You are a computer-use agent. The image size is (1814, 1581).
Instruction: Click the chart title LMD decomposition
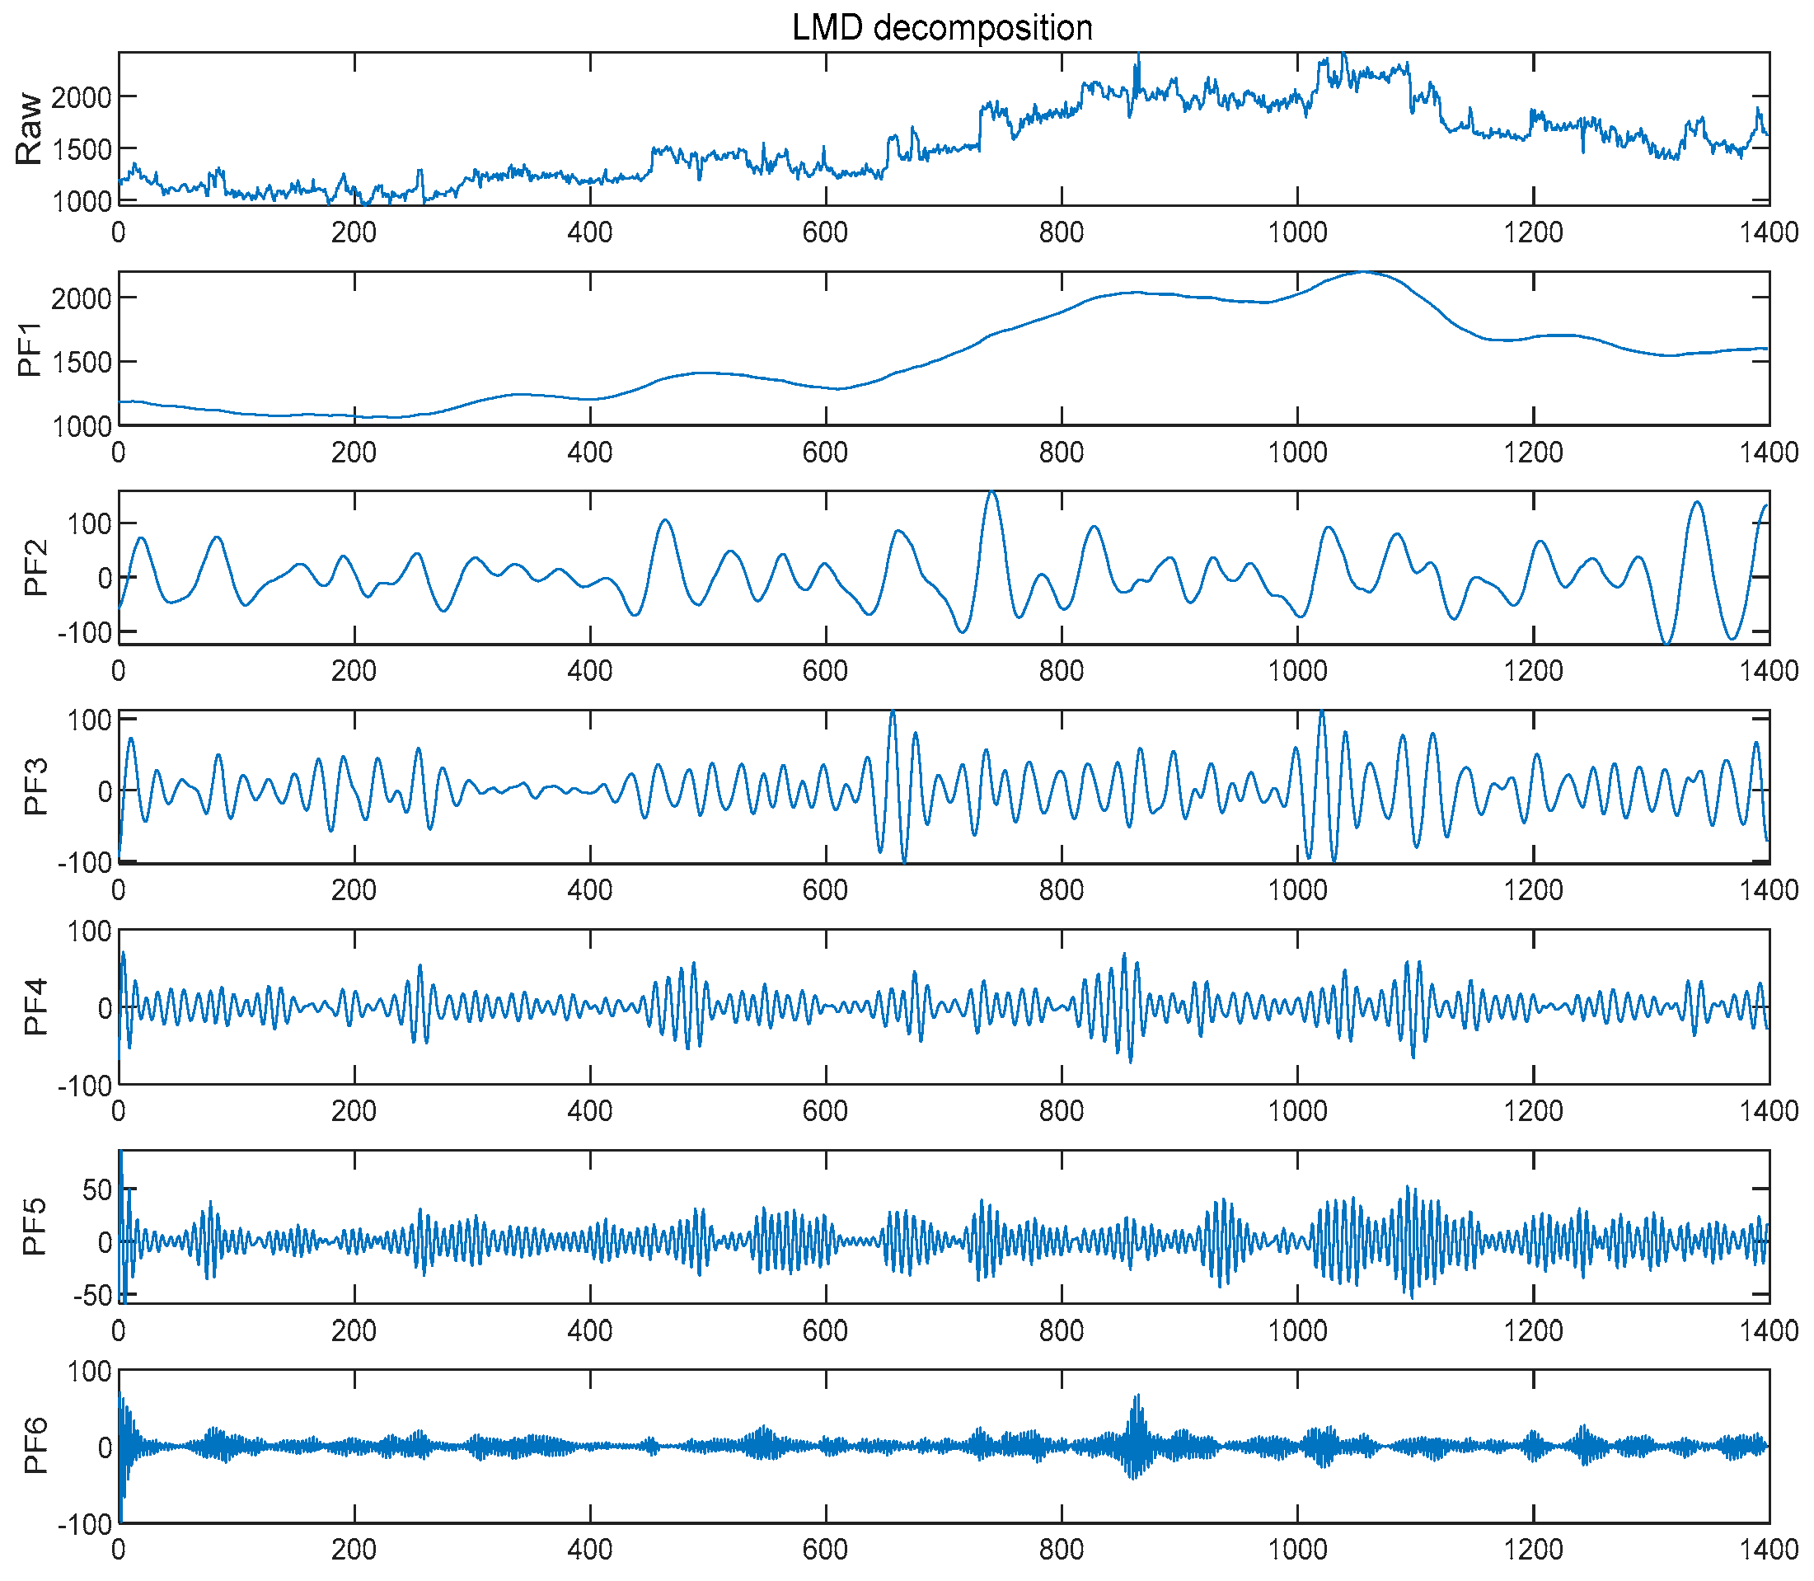942,28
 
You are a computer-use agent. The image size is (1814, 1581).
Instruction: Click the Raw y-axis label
29,129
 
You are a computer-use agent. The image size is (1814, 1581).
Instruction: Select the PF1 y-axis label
30,350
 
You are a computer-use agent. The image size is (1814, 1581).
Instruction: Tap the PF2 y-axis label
35,569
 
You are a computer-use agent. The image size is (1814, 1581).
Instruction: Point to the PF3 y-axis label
35,787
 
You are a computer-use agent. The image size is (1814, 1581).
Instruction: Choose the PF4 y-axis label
35,1006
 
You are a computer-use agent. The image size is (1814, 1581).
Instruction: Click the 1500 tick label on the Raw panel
81,149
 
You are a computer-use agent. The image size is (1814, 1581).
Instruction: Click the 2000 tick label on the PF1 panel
81,298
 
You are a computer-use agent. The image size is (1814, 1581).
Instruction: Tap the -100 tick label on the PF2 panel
85,632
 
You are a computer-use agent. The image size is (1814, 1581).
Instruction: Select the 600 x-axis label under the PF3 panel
825,889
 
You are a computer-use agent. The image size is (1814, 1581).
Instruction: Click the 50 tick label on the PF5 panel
96,1190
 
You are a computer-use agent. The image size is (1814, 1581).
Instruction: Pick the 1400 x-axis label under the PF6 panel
1768,1549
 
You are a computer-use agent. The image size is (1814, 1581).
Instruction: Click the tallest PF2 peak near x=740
992,493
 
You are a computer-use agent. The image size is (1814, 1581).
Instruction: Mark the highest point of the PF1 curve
1364,273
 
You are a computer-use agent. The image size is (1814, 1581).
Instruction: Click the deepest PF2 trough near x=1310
1666,643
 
